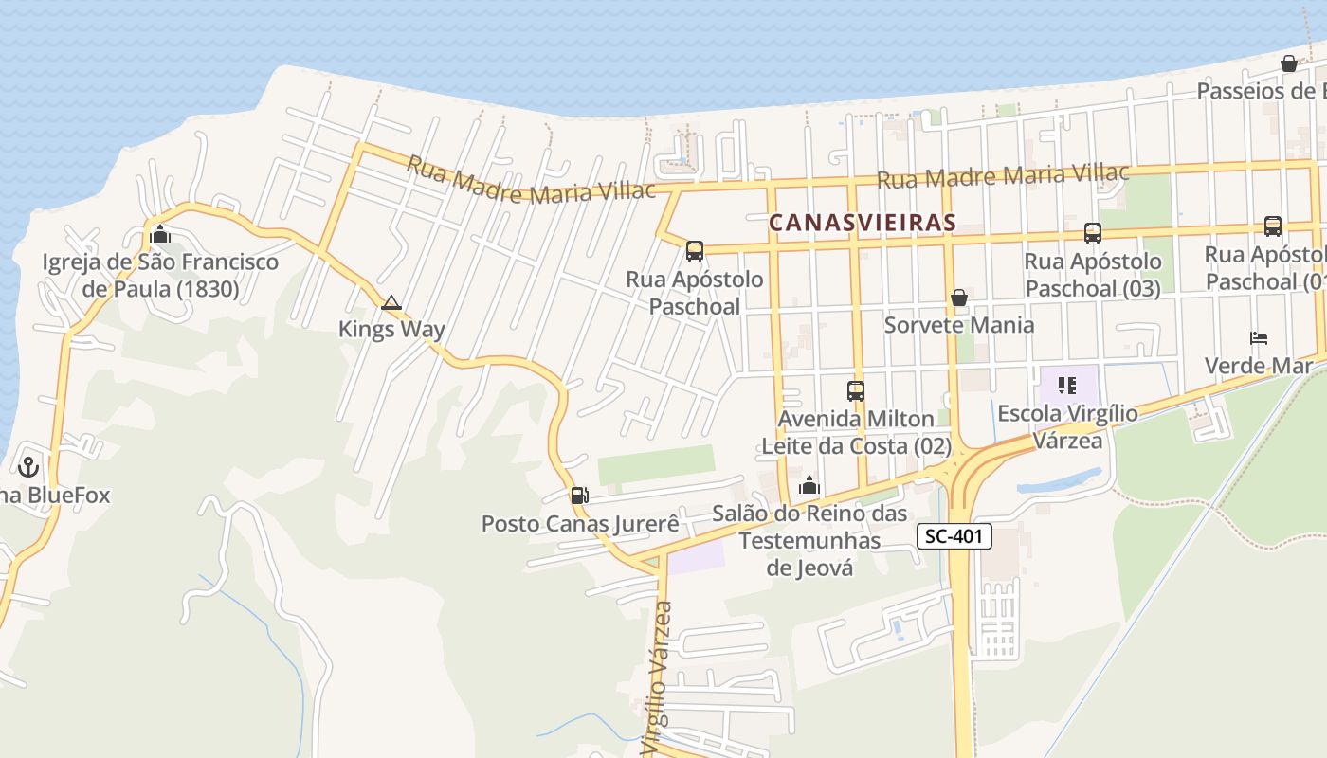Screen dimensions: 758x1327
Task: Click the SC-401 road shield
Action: coord(954,537)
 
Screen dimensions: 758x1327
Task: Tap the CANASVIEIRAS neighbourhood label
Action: coord(862,223)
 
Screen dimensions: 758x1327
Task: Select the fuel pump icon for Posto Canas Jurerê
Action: coord(579,495)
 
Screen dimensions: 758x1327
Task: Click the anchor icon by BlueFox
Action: coord(28,466)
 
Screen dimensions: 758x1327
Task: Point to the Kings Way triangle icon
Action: coord(391,303)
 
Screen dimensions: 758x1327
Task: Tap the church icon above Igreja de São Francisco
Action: coord(160,233)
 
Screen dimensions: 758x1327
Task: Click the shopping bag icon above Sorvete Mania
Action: coord(959,298)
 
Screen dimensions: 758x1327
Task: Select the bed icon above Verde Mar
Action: coord(1259,338)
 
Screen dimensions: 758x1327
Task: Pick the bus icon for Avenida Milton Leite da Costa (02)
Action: coord(855,390)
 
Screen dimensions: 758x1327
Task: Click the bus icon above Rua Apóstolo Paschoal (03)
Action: coord(1092,233)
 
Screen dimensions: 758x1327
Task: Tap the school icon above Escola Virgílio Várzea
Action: coord(1068,386)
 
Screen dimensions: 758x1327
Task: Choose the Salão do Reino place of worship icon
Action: coord(809,486)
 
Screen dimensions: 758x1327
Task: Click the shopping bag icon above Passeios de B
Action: coord(1289,63)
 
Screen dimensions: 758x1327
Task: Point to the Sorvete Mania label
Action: coord(959,325)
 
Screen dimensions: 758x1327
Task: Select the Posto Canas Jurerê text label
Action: coord(580,523)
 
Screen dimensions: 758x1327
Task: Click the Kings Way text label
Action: coord(391,330)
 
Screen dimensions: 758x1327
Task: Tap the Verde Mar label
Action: coord(1259,365)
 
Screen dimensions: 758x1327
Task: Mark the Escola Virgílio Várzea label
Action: coord(1068,426)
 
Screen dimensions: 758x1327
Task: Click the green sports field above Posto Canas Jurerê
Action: coord(656,464)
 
